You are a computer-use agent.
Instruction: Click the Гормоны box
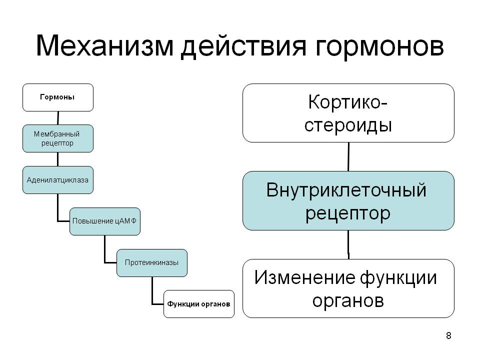(58, 97)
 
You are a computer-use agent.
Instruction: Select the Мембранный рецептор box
(58, 138)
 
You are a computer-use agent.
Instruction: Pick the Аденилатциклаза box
(58, 180)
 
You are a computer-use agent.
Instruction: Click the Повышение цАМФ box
(105, 221)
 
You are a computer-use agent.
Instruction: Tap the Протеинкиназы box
(152, 263)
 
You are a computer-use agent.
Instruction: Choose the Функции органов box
(199, 304)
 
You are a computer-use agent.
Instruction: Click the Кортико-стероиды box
(348, 113)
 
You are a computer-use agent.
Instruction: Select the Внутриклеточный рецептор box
(348, 200)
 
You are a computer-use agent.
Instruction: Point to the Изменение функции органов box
(348, 288)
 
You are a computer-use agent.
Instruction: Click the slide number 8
(448, 336)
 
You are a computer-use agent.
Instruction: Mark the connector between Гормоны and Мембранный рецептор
(58, 118)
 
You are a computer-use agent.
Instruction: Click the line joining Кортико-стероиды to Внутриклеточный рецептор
(348, 156)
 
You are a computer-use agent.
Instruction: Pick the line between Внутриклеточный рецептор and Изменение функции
(348, 244)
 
